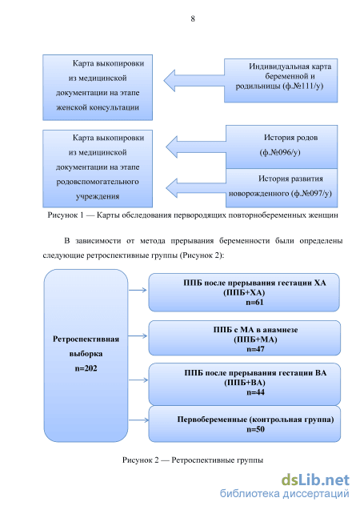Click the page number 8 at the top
pos(193,19)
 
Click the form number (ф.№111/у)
pos(303,86)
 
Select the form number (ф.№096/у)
pos(280,152)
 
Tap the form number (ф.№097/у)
pos(312,193)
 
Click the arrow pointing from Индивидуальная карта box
pos(194,80)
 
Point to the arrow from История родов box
pos(195,147)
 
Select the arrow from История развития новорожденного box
pos(195,188)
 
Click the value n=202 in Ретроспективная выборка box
pos(86,368)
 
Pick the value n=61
pos(254,302)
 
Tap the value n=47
pos(255,349)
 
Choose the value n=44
pos(255,392)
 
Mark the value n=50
pos(255,429)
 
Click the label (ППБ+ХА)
pos(244,292)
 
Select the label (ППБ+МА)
pos(255,339)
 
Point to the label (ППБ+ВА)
pos(245,383)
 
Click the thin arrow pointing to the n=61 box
pos(138,290)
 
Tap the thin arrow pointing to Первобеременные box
pos(138,420)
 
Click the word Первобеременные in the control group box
pos(212,420)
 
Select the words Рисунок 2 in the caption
pos(140,460)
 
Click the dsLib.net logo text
pos(315,480)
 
